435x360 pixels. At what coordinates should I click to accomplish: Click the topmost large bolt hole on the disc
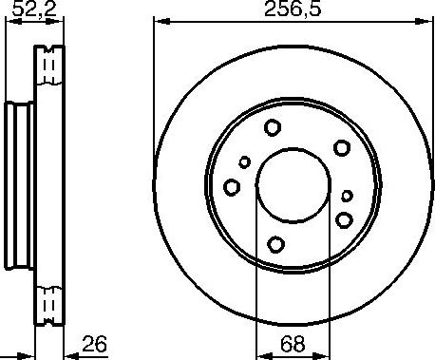click(x=273, y=128)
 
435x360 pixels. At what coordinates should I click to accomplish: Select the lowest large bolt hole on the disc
click(x=274, y=244)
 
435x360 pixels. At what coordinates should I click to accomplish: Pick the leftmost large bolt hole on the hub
click(x=231, y=187)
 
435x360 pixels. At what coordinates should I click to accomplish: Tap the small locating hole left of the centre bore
click(x=244, y=161)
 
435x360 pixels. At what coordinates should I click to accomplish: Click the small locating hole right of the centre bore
click(x=346, y=197)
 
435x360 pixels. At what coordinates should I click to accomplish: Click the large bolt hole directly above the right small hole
click(x=342, y=148)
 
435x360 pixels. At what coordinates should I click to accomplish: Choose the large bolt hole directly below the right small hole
click(x=343, y=220)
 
